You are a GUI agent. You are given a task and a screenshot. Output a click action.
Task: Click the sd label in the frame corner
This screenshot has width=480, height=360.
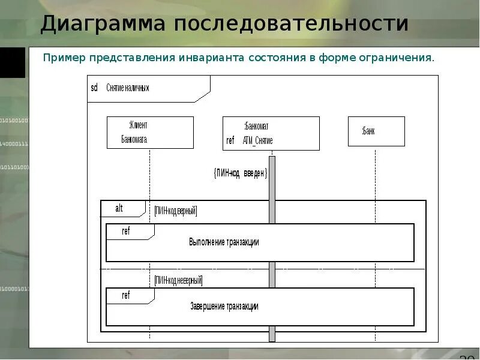pyautogui.click(x=94, y=88)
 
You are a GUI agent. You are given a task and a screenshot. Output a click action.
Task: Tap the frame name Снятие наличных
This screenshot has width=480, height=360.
pyautogui.click(x=128, y=88)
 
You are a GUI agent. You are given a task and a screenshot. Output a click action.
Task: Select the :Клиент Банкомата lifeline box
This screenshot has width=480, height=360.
pyautogui.click(x=150, y=132)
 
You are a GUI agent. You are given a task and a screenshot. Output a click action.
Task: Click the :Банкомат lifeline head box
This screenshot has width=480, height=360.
pyautogui.click(x=271, y=133)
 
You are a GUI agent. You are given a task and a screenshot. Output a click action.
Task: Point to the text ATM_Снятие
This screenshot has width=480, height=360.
pyautogui.click(x=258, y=140)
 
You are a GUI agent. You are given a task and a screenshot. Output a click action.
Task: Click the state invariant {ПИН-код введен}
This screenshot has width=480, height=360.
pyautogui.click(x=240, y=173)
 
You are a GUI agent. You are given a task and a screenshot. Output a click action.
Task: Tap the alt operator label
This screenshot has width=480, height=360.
pyautogui.click(x=119, y=208)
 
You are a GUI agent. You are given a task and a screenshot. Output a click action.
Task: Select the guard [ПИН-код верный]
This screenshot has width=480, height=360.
pyautogui.click(x=175, y=211)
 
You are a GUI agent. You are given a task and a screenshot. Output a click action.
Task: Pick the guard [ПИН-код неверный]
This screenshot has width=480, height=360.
pyautogui.click(x=178, y=280)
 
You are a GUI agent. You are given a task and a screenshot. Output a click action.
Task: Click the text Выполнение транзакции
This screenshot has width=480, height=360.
pyautogui.click(x=224, y=242)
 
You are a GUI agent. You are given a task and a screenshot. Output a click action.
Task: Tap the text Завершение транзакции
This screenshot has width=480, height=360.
pyautogui.click(x=224, y=306)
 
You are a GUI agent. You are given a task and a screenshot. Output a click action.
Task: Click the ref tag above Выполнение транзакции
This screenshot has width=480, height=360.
pyautogui.click(x=126, y=231)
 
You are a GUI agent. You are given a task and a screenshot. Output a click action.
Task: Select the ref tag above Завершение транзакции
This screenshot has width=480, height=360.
pyautogui.click(x=126, y=295)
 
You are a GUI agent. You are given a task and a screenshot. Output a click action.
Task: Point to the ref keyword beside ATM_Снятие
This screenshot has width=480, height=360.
pyautogui.click(x=230, y=140)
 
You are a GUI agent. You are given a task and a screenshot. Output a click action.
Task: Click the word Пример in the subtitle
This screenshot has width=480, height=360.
pyautogui.click(x=64, y=58)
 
